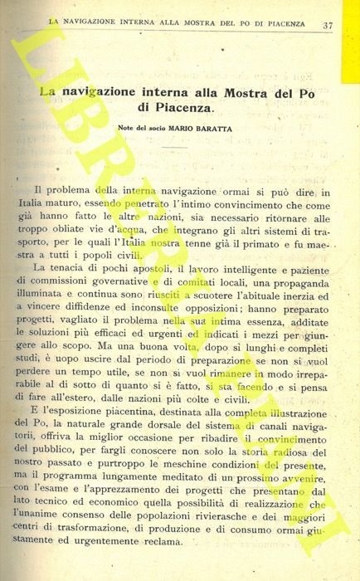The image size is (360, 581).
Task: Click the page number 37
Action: tap(328, 26)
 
